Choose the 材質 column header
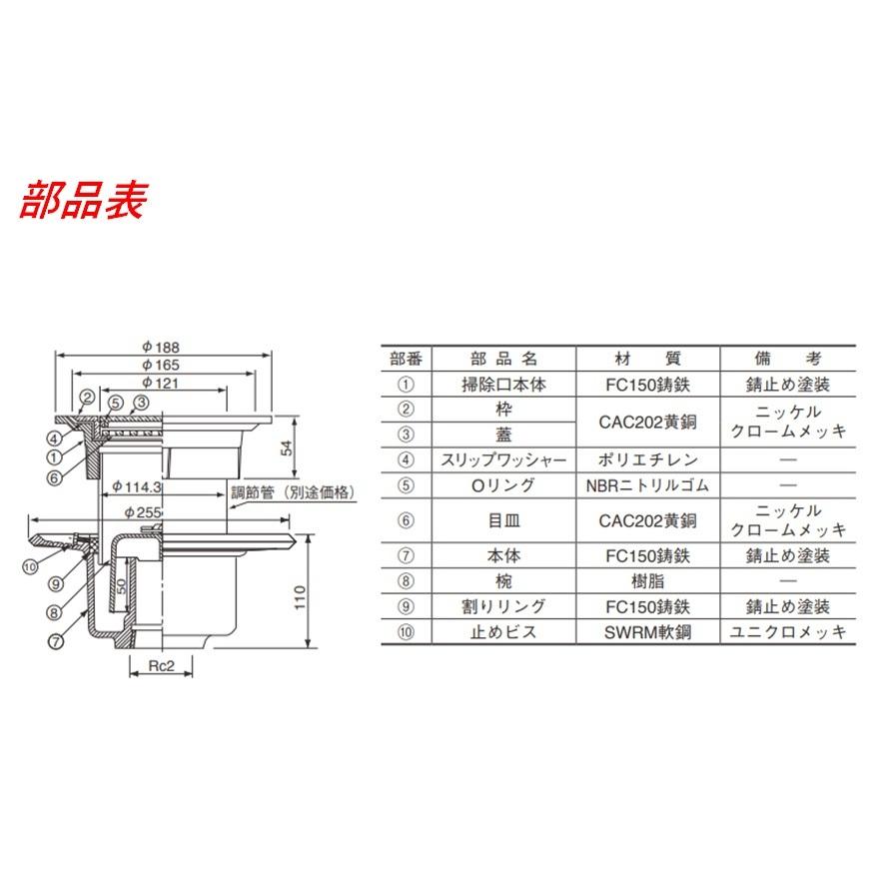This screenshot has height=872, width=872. click(644, 359)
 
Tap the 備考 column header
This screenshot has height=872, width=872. click(789, 359)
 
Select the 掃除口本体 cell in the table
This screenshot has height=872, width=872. click(504, 385)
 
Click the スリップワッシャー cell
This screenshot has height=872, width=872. click(504, 460)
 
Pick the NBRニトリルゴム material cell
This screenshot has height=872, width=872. click(644, 486)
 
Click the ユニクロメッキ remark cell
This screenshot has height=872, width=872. click(789, 631)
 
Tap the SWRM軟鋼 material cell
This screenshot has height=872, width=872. click(644, 631)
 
